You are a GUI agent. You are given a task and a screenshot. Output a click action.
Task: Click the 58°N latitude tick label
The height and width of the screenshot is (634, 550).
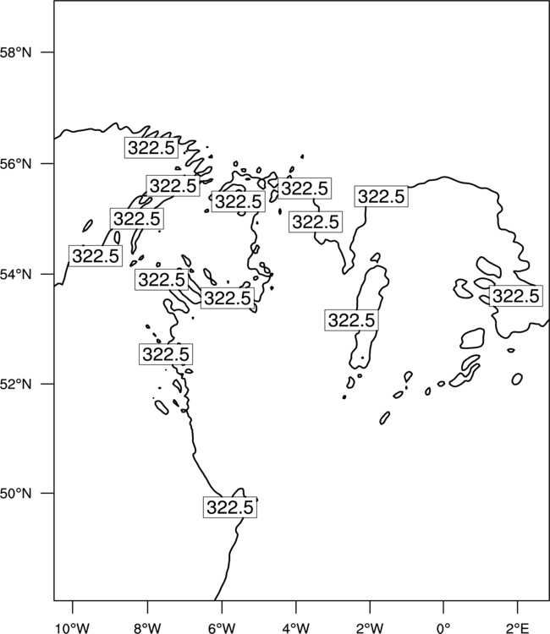tap(15, 52)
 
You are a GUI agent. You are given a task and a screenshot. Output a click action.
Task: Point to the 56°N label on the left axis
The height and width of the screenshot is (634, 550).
tap(15, 164)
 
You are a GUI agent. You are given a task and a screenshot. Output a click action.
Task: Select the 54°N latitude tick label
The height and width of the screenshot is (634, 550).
tap(15, 275)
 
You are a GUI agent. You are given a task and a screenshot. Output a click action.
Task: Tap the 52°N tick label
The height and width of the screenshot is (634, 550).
tap(15, 384)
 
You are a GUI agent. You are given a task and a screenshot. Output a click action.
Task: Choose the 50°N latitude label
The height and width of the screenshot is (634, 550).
tap(15, 494)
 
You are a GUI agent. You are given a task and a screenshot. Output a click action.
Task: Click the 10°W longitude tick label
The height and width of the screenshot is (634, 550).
tap(73, 628)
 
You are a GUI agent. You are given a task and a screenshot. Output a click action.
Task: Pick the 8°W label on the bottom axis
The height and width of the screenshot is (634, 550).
tap(147, 628)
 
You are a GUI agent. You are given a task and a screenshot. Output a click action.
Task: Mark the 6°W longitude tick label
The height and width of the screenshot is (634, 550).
tap(222, 628)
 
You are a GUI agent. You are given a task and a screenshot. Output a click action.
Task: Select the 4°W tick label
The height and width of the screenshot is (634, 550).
tap(296, 628)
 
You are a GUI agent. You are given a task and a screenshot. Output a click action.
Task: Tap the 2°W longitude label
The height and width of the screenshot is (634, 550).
tap(370, 628)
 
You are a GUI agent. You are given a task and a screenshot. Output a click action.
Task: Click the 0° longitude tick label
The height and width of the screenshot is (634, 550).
tap(443, 628)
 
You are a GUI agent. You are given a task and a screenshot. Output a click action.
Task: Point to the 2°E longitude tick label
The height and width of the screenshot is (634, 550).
tap(517, 628)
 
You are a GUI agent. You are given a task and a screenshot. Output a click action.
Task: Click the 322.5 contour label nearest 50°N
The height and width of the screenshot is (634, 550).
tap(230, 507)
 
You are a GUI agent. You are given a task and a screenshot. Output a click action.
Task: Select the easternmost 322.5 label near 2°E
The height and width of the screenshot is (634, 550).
tap(516, 296)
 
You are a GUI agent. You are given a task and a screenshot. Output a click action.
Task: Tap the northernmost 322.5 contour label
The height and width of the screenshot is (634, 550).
tap(151, 148)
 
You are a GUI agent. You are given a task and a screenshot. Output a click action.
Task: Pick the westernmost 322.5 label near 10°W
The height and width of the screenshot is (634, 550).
tap(96, 255)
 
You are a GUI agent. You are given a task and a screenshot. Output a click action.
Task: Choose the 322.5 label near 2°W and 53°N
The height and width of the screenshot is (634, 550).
tap(352, 320)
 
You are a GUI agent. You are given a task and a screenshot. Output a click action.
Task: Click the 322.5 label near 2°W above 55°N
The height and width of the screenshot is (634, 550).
tap(382, 196)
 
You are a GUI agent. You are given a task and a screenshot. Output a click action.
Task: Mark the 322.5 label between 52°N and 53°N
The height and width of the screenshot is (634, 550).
tap(166, 354)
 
